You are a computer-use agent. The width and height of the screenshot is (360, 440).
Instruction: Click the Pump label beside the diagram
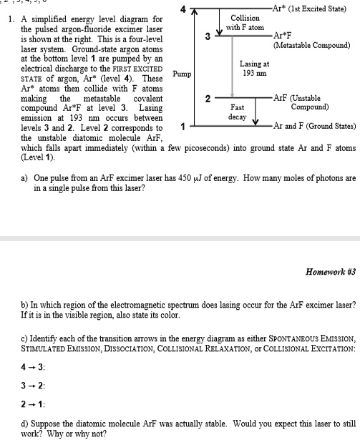(183, 73)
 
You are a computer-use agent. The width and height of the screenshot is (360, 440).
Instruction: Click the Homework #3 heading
(329, 272)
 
